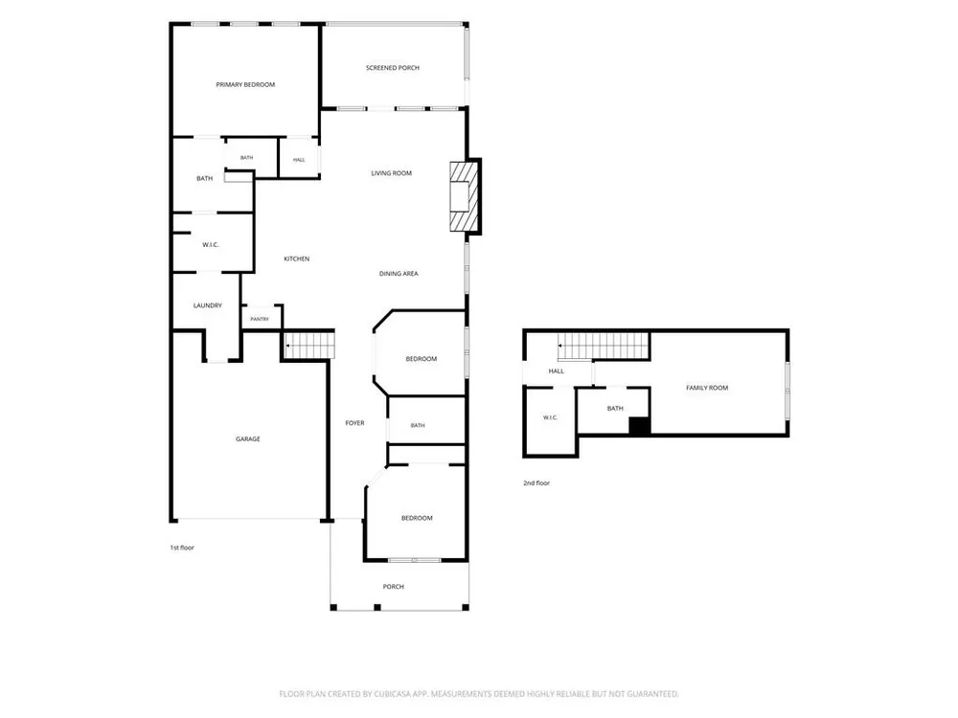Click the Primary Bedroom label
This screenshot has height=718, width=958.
point(245,85)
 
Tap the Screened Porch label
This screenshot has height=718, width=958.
point(392,68)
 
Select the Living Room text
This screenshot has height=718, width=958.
point(391,173)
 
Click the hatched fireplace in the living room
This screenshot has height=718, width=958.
point(463,196)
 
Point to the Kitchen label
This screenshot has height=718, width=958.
point(296,258)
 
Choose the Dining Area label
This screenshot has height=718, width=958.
point(399,274)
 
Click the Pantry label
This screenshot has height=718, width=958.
point(260,319)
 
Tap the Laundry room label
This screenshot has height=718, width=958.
point(207,305)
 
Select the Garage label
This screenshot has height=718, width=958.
point(248,439)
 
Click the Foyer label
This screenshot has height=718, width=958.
point(355,422)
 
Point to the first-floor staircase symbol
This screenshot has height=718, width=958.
point(309,347)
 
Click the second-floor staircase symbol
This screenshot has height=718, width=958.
point(603,347)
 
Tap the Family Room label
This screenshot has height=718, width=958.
point(707,388)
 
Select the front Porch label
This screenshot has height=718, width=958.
point(394,587)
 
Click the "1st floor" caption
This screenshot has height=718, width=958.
point(181,548)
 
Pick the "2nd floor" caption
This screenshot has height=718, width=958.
point(536,482)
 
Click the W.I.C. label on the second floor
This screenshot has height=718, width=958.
point(551,417)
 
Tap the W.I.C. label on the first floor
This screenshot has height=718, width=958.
point(210,245)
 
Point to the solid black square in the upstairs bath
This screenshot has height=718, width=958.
point(639,426)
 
